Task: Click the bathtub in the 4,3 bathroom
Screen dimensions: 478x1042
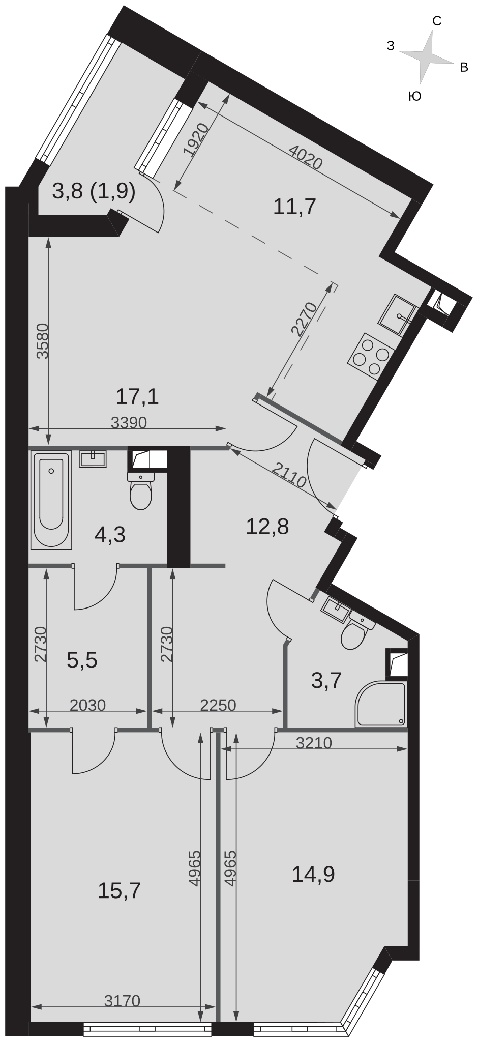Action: (51, 500)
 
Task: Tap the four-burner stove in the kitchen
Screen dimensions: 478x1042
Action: (370, 355)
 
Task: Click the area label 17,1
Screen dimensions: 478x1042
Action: (137, 396)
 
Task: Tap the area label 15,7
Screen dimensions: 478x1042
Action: (119, 891)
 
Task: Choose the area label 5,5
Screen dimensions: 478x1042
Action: (82, 660)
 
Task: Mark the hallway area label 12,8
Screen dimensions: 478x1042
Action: (267, 527)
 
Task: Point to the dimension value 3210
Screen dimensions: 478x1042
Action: (314, 743)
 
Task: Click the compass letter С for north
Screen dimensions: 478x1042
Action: (436, 21)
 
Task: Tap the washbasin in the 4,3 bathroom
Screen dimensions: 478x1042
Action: (93, 459)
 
